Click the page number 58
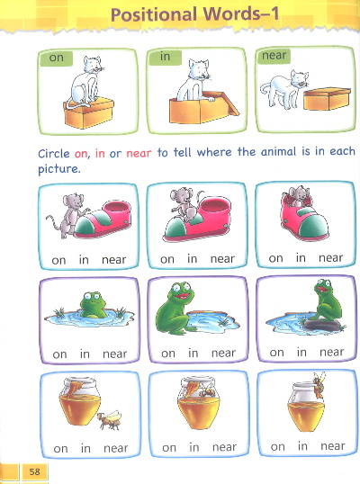coord(34,471)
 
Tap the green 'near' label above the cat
coord(274,56)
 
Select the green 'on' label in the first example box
coord(56,58)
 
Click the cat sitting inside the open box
coord(194,82)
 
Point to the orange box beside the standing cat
coord(328,99)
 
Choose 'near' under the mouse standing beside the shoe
coord(114,260)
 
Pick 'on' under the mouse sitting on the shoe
coord(167,259)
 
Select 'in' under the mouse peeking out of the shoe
coord(301,257)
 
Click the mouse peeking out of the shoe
coord(296,196)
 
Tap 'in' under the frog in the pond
coord(85,354)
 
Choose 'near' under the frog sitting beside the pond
coord(223,353)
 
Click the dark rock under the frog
coord(322,325)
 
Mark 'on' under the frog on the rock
coord(276,353)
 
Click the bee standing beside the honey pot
coord(110,420)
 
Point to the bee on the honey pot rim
coord(319,385)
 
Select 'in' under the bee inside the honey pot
coord(193,447)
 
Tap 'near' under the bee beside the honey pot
coord(116,448)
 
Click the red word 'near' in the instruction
coord(139,153)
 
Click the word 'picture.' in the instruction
coord(59,169)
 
